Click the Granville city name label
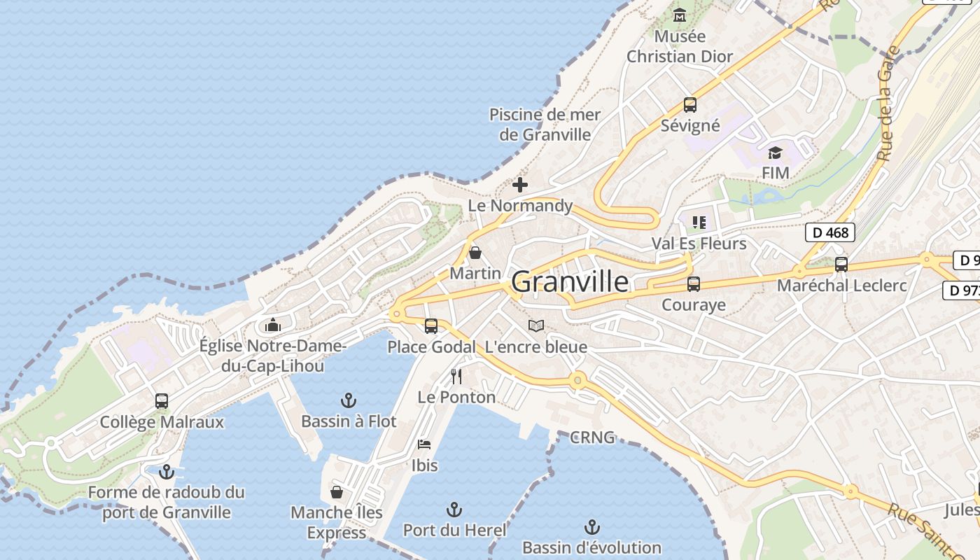[570, 282]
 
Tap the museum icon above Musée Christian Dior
[680, 15]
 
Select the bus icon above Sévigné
[690, 105]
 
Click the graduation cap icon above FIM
[775, 153]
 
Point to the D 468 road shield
[830, 232]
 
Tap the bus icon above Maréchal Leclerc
[841, 265]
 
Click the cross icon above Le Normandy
[520, 185]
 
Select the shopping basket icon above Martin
[475, 253]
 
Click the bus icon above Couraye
[694, 284]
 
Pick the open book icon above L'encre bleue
[536, 325]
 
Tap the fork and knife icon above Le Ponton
[456, 377]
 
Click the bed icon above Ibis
[424, 444]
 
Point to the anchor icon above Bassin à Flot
[349, 400]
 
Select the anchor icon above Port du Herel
[455, 509]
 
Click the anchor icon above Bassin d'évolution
[592, 526]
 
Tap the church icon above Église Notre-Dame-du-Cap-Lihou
[273, 325]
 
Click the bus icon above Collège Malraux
[162, 401]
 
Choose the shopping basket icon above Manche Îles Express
[337, 491]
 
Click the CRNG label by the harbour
[592, 437]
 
